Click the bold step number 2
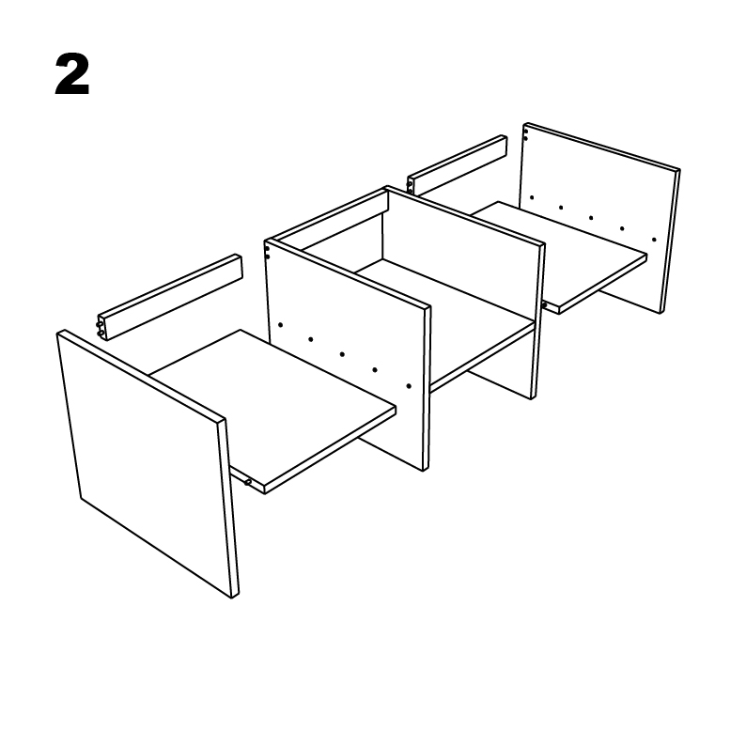[72, 75]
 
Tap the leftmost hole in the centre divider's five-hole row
[280, 325]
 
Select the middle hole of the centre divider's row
[342, 354]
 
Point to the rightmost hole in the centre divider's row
[409, 385]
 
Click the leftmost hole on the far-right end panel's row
[532, 197]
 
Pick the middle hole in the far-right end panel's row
[591, 218]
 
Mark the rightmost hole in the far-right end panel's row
[654, 240]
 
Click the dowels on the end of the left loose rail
[101, 326]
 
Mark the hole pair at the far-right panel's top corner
[525, 135]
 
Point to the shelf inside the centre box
[442, 319]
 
